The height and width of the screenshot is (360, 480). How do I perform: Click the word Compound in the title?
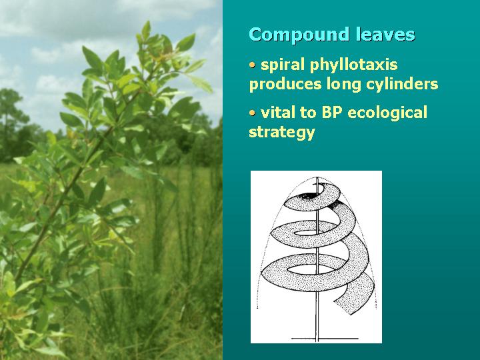click(x=289, y=35)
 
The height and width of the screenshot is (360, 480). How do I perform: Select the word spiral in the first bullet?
click(x=280, y=65)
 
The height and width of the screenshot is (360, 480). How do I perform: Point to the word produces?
click(x=281, y=85)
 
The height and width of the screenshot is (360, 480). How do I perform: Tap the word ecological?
click(x=387, y=113)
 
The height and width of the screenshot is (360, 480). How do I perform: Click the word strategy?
click(x=281, y=132)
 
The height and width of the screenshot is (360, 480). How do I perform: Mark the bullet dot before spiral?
click(x=252, y=65)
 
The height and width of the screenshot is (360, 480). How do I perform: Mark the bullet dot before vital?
click(x=252, y=113)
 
